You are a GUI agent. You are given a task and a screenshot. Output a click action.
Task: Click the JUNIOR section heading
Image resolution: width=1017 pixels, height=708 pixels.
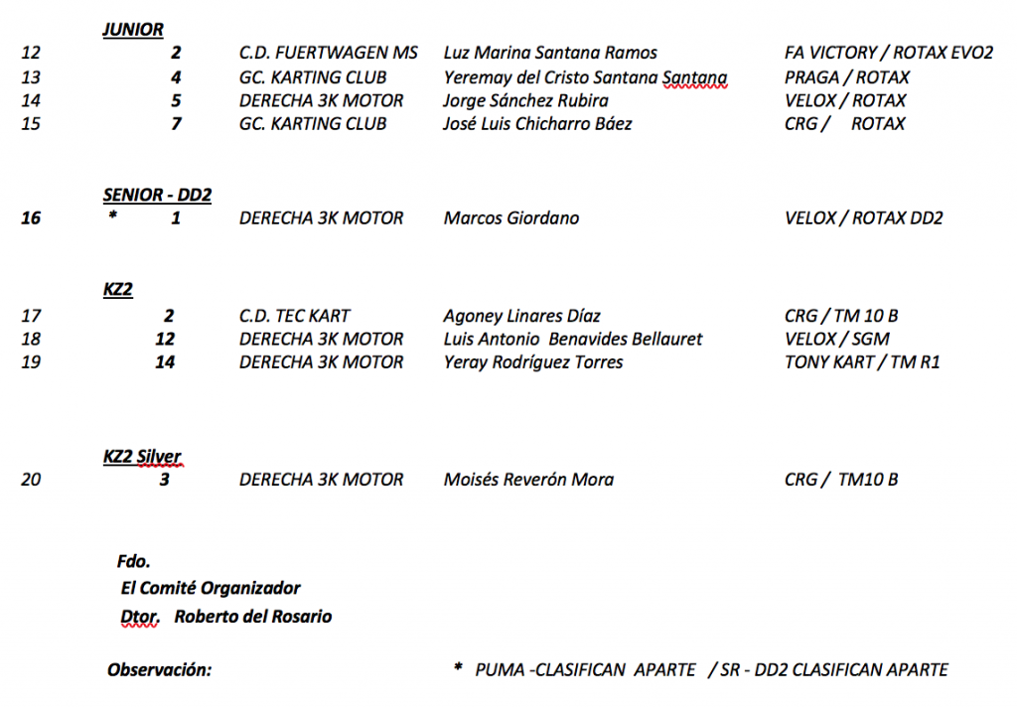(133, 30)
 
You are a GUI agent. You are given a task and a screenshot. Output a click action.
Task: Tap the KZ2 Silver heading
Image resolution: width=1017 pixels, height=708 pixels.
(142, 457)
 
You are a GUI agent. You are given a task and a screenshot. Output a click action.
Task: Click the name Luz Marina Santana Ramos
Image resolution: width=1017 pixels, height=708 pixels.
(550, 54)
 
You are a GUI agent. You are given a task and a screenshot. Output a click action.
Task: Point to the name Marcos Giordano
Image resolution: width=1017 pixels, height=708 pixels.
(511, 218)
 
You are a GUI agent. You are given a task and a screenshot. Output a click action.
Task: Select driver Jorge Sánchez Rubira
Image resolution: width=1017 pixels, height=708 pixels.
(526, 100)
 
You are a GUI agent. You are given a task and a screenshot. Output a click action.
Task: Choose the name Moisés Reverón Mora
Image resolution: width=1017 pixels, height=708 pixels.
(528, 480)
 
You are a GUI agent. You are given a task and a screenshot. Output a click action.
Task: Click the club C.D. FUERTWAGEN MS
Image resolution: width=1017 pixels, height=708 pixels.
(329, 54)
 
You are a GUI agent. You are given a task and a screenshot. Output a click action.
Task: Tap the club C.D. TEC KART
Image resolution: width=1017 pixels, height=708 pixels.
(295, 316)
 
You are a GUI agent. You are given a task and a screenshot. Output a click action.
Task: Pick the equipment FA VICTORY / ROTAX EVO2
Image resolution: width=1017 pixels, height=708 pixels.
(889, 54)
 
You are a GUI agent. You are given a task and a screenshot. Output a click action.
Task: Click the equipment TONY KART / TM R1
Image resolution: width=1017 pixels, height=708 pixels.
(862, 362)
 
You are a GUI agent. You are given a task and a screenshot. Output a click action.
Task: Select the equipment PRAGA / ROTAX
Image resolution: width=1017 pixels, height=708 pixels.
(847, 77)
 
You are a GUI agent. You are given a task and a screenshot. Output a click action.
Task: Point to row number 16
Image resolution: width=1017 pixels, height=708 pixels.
(31, 218)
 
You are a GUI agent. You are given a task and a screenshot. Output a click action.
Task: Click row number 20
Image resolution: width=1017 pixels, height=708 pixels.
(31, 480)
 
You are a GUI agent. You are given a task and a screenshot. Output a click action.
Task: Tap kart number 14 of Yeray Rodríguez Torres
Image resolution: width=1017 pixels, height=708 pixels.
(165, 362)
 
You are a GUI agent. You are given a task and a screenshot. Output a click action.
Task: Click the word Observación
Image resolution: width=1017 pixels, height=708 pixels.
(159, 670)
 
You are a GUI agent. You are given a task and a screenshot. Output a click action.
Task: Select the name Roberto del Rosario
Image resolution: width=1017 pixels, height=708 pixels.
(253, 617)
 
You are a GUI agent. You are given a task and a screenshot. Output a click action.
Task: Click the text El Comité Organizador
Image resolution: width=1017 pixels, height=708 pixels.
(211, 588)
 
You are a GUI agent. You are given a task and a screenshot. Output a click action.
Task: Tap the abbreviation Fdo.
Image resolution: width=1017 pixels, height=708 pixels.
(133, 562)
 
